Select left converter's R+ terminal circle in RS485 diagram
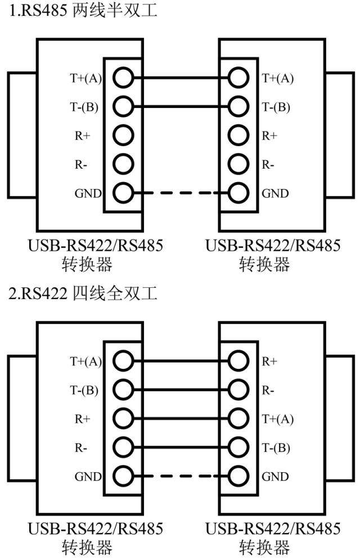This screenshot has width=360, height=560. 123,135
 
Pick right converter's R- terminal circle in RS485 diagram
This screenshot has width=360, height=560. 238,164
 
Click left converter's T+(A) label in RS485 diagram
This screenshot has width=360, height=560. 85,78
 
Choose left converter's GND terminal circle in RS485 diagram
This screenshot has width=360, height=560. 123,193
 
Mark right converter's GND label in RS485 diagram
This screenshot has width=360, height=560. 275,194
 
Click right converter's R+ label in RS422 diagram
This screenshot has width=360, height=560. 270,361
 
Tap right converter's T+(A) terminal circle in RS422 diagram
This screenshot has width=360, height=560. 238,418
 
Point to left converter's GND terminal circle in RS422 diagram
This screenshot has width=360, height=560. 123,477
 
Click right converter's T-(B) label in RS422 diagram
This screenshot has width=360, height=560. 276,448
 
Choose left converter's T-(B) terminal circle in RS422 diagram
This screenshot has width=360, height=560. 123,389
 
